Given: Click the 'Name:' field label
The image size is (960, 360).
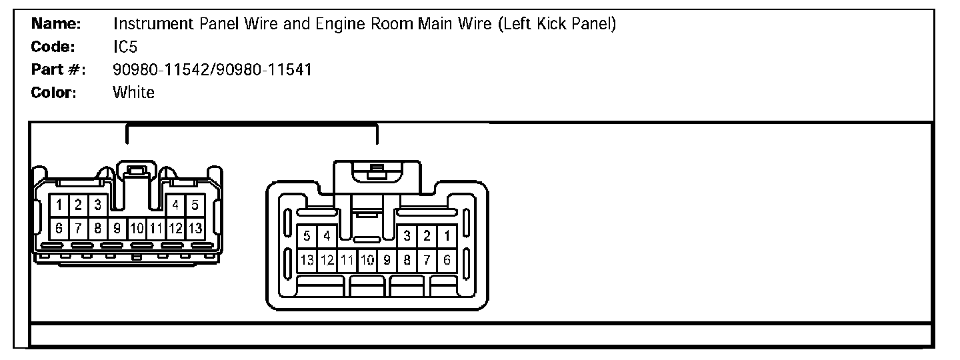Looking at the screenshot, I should pos(56,25).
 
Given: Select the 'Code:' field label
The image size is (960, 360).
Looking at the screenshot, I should pos(53,47).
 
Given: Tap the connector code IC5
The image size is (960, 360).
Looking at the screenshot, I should pos(125,47).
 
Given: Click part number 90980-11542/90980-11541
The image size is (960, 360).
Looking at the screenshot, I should pos(212,70).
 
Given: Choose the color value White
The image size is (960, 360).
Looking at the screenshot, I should pos(133,93).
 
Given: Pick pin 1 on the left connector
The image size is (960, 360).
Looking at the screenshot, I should pos(59,205).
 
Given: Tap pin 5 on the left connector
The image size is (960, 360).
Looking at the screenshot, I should pos(195,205).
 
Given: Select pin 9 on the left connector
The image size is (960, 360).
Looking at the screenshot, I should pos(117,228).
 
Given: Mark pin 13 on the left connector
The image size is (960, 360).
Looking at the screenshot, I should pos(195,228).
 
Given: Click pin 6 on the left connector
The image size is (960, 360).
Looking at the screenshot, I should pos(59,228).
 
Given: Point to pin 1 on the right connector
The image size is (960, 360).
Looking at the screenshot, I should pos(447,235).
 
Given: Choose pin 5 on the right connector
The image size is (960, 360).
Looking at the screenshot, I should pos(307,235).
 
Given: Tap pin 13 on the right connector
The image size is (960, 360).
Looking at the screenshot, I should pos(307,260).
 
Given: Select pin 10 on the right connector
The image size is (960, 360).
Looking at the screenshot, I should pos(367,260).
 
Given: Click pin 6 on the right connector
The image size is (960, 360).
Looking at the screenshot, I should pos(447,260).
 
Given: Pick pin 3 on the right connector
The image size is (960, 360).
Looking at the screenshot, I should pos(407,235).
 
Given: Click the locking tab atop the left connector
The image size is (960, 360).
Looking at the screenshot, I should pos(137,171).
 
